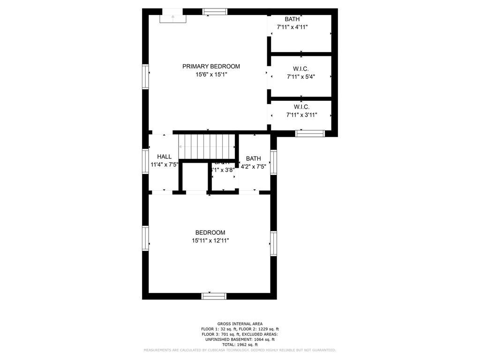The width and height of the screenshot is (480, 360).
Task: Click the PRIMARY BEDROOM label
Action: (x=211, y=67)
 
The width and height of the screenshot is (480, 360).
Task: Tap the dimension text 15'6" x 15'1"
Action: (x=211, y=75)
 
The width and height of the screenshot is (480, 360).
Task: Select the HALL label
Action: (x=164, y=157)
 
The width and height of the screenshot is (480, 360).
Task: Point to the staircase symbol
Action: (x=207, y=147)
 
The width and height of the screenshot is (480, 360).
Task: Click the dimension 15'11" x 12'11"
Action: (x=210, y=240)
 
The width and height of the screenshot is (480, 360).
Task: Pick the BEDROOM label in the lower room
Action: (x=210, y=232)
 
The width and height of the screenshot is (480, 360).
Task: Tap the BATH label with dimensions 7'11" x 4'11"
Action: (x=292, y=19)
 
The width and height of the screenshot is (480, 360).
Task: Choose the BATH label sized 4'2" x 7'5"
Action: (x=253, y=158)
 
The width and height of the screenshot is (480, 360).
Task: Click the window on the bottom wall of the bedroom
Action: (x=214, y=296)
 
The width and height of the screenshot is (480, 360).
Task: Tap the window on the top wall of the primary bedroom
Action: (x=216, y=12)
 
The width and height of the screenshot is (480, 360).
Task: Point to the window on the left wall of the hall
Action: (x=145, y=161)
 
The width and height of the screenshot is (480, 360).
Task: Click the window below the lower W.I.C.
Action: (x=310, y=134)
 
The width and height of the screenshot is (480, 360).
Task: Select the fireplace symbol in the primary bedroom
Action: (x=172, y=18)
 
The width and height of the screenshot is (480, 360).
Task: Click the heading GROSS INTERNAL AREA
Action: (x=240, y=324)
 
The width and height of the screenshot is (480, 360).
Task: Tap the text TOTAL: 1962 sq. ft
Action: (x=240, y=345)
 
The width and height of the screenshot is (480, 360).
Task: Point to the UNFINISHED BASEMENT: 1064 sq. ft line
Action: (x=240, y=339)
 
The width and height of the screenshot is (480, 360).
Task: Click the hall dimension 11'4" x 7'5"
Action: (x=165, y=165)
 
